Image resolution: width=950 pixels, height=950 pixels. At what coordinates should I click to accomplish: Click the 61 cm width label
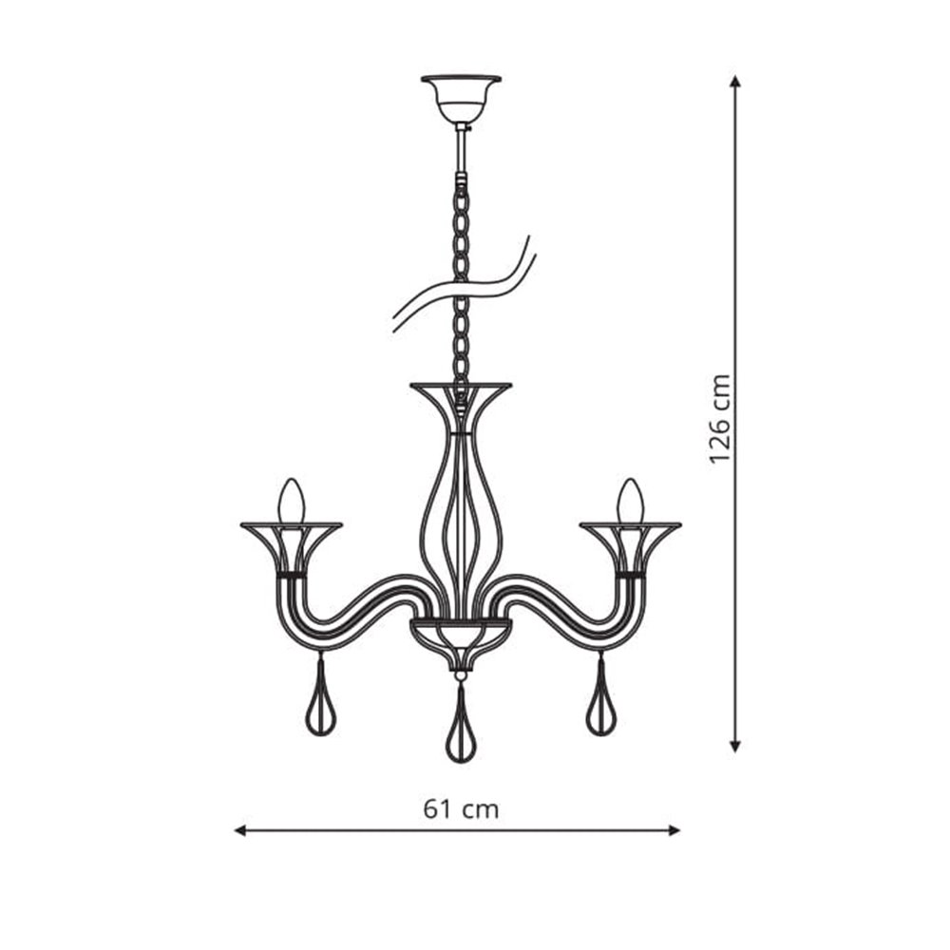461,808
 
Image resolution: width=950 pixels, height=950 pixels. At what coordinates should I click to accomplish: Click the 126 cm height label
720,418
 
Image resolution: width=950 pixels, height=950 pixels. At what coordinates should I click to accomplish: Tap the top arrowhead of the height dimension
735,82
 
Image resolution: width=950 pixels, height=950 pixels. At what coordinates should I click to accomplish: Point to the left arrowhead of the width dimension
240,830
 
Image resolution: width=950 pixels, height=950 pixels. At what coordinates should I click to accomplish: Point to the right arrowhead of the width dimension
674,830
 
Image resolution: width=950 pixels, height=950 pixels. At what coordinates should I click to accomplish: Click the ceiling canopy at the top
461,99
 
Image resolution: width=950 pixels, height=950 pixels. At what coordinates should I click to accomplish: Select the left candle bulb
292,501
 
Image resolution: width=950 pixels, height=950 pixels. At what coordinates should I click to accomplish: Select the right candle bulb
630,501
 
